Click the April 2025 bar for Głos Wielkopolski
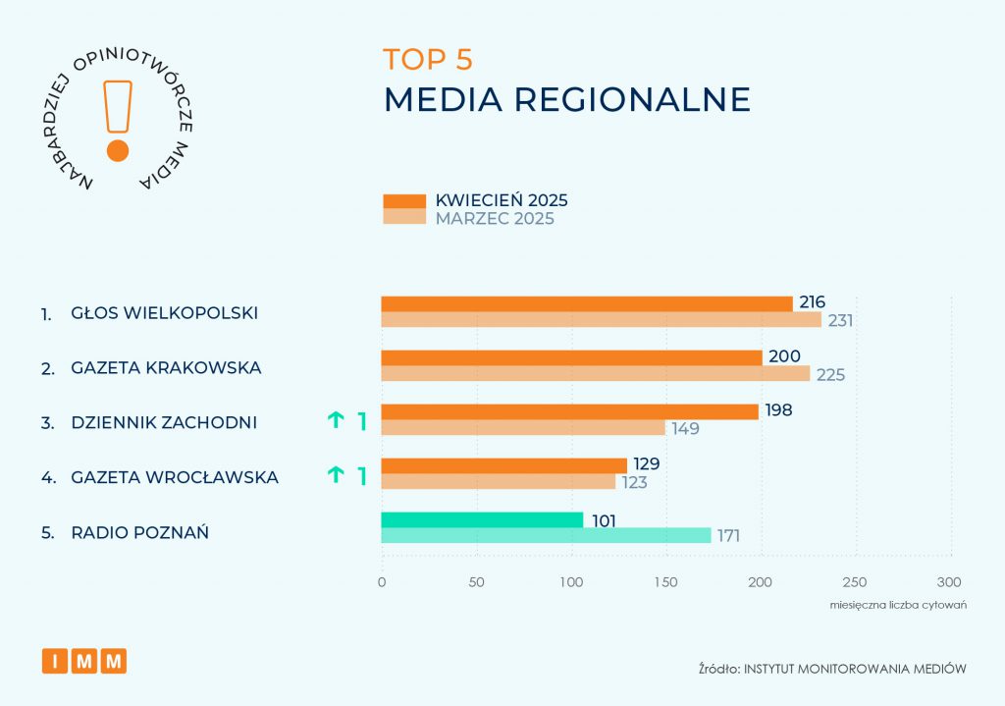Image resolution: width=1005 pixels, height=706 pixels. [x=586, y=304]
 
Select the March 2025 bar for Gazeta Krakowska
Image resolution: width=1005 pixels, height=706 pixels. [x=595, y=374]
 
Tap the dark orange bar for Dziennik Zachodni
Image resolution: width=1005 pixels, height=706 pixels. [x=569, y=412]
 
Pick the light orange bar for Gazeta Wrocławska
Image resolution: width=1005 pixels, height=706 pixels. [x=498, y=482]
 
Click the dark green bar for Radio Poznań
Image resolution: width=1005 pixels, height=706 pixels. [x=482, y=520]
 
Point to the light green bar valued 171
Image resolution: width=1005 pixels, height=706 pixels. [x=546, y=536]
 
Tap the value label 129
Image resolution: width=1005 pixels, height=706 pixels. [x=646, y=463]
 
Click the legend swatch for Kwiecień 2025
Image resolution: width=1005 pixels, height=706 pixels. [x=403, y=201]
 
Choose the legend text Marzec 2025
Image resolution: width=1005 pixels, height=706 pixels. [x=495, y=219]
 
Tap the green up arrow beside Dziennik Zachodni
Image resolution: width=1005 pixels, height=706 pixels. [x=336, y=421]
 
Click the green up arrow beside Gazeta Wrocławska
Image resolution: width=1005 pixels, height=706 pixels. [x=336, y=476]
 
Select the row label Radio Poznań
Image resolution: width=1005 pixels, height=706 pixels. [x=139, y=533]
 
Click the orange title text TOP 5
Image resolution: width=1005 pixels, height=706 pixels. [x=428, y=60]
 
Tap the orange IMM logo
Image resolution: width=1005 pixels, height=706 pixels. [x=84, y=661]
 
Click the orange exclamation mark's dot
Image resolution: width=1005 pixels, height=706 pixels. [x=118, y=150]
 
